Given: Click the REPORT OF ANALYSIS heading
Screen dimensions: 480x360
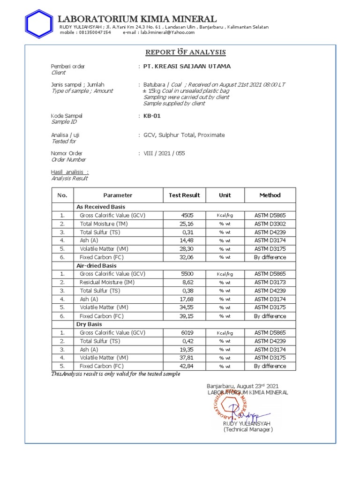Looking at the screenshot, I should point(186,52).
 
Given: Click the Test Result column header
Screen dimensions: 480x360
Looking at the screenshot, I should point(184,195).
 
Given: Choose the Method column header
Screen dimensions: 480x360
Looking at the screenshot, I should point(270,195).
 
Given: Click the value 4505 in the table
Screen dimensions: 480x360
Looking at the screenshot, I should point(187,215).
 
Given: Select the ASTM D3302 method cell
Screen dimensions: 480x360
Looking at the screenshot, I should point(270,224).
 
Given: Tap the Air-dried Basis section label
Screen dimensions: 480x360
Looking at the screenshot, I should point(97,266).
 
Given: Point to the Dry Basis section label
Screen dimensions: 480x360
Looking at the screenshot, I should point(89,324).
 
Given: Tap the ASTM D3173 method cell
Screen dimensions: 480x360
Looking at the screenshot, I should point(270,282).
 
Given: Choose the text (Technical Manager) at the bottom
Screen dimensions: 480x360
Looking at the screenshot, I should point(248,429).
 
